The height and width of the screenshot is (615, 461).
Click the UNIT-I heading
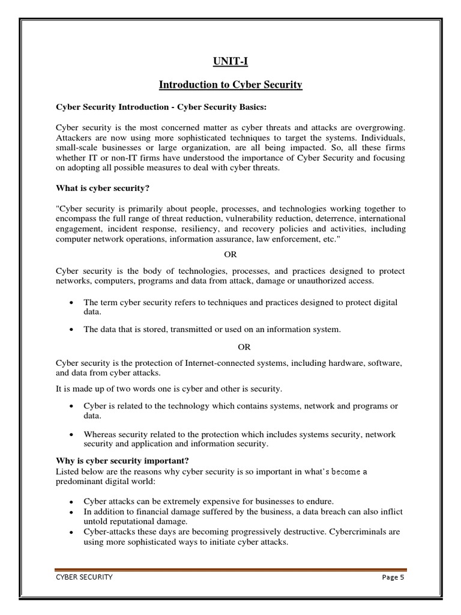[x=230, y=61]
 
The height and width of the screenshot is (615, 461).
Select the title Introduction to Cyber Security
[x=230, y=85]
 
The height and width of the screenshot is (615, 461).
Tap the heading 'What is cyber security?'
[x=103, y=188]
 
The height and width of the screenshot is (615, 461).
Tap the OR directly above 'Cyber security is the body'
[x=230, y=255]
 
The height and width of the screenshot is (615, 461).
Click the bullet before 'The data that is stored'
[x=71, y=330]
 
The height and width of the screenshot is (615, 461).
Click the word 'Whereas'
[x=100, y=434]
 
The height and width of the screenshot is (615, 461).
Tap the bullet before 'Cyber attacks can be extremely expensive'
[x=71, y=501]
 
